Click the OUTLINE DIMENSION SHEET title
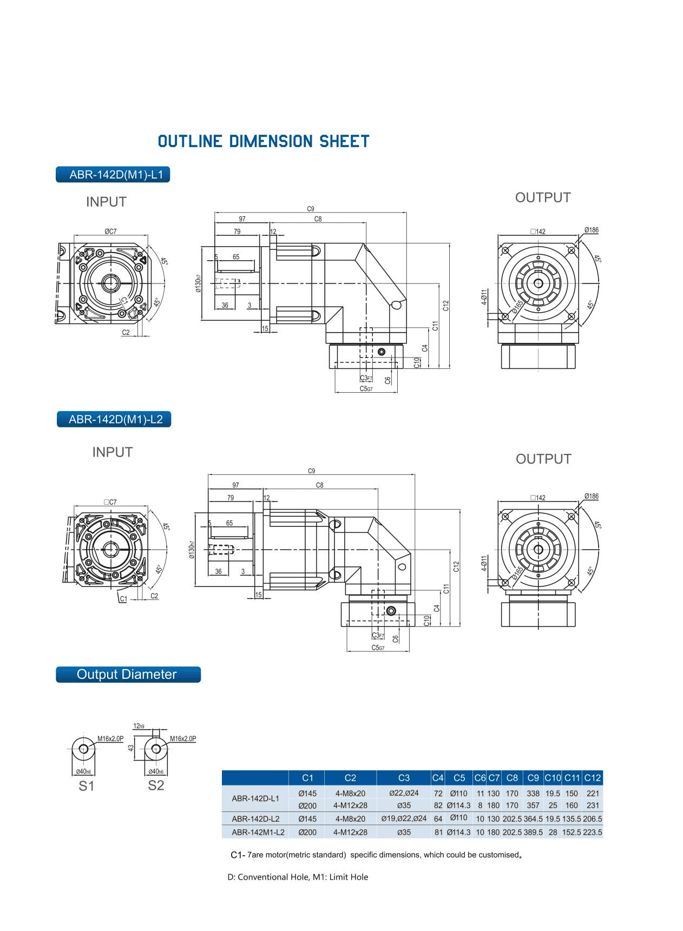[264, 142]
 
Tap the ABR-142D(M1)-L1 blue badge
[113, 175]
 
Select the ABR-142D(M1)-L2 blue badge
[114, 419]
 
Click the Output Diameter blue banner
[128, 675]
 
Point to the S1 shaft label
[86, 787]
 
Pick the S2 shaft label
[156, 785]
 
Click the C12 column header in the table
[593, 778]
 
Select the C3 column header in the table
[404, 778]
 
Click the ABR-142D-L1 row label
[255, 798]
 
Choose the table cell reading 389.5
[533, 833]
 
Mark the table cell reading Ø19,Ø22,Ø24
[404, 819]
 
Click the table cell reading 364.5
[533, 819]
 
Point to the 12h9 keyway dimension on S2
[139, 726]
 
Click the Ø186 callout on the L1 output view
[591, 230]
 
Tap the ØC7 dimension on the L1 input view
[110, 231]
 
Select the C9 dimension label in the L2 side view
[311, 471]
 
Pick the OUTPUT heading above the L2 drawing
[543, 459]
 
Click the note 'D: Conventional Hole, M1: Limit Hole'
[298, 877]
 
